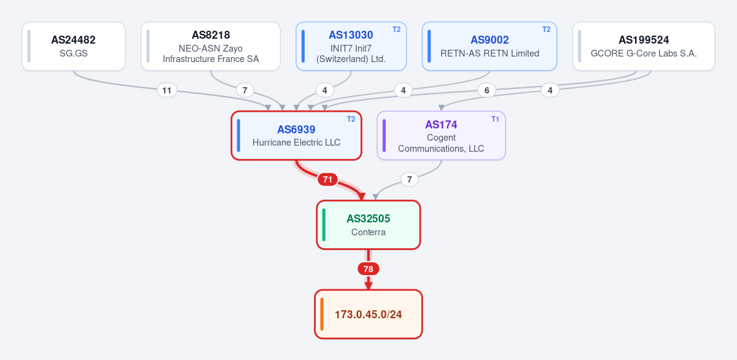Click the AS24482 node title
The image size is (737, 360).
pos(73,40)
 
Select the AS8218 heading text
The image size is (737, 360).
pos(211,35)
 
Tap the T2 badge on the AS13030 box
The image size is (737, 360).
pos(397,29)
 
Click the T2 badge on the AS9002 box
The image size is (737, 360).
pos(546,29)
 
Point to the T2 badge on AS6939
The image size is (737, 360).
pos(351,119)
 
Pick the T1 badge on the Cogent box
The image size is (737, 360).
pos(495,119)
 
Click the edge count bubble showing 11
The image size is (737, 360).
pos(167,90)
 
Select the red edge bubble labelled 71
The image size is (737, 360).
pos(327,179)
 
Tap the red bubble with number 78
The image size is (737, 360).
pos(368,269)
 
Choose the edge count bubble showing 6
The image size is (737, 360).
pos(486,90)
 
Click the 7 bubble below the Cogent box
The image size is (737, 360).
pos(409,179)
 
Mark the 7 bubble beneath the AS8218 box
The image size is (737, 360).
pos(245,90)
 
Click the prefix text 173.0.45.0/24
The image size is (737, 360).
pos(368,315)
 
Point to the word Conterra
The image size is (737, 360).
pos(368,232)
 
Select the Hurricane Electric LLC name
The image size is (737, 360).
pos(296,143)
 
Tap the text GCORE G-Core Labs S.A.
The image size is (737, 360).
pos(644,53)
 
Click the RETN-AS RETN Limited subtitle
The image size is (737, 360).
pos(489,53)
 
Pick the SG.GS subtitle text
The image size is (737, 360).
pos(73,53)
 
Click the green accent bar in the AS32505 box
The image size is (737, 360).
pos(324,225)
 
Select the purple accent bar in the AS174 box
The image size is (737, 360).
pos(384,136)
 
